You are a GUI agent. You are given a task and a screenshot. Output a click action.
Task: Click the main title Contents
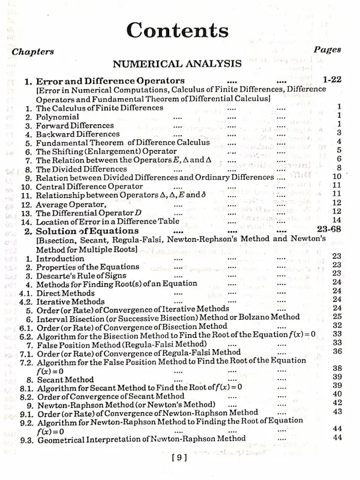(178, 30)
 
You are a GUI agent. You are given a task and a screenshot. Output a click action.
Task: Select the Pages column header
(327, 50)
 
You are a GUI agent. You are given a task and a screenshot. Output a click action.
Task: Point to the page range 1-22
(332, 79)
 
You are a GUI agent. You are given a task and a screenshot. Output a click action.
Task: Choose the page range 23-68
(328, 230)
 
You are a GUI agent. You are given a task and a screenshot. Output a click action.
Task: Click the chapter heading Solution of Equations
(87, 231)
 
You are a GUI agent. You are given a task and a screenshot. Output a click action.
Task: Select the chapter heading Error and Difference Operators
(110, 80)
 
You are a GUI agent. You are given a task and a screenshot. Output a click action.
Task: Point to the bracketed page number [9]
(179, 457)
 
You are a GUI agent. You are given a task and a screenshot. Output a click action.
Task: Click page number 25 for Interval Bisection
(337, 317)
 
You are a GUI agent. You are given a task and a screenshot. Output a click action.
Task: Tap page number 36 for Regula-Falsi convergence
(337, 352)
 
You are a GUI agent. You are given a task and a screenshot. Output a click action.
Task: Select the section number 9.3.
(25, 440)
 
